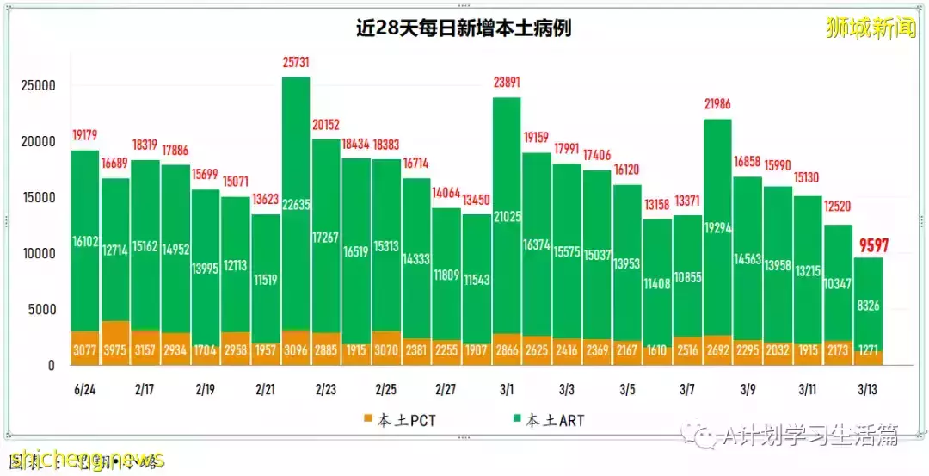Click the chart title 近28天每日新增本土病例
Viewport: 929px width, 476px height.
click(x=464, y=28)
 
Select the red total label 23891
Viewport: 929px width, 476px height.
click(x=507, y=83)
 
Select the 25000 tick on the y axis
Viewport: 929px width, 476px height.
click(x=39, y=86)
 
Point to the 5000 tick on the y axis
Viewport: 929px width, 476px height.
click(x=42, y=310)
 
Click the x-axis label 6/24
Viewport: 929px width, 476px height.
click(x=84, y=389)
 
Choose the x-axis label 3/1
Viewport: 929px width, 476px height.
click(x=506, y=389)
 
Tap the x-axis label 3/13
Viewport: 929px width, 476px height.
click(x=868, y=389)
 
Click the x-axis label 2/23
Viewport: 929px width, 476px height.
click(x=325, y=389)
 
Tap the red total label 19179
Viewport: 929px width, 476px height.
click(x=84, y=135)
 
